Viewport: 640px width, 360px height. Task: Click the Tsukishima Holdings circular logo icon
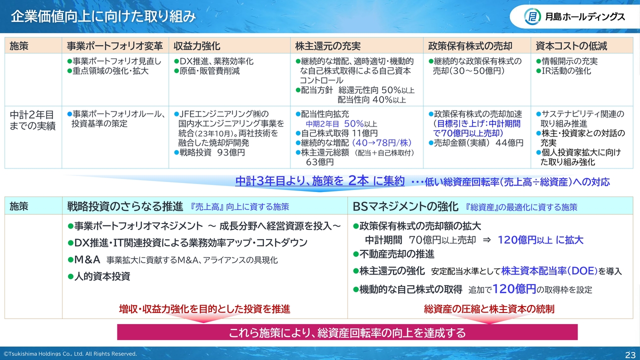(532, 16)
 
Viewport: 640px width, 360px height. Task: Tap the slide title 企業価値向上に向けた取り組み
(103, 16)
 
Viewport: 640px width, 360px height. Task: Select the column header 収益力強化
(197, 45)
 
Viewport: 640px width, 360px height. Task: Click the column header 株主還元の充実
(327, 45)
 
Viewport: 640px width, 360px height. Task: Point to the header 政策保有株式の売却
(470, 45)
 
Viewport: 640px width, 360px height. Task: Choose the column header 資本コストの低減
(571, 45)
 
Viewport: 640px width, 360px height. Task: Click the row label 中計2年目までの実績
(32, 120)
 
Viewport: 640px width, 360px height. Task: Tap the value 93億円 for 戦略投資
(231, 152)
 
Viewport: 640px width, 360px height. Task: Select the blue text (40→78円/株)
(381, 142)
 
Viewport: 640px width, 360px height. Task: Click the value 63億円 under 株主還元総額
(319, 162)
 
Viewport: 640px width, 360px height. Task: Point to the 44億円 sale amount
(509, 143)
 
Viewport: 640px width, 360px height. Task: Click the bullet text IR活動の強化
(566, 71)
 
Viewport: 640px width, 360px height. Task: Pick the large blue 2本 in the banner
(358, 181)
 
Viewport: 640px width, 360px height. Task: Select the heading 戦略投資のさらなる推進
(125, 206)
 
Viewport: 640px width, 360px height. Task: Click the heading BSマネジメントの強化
(405, 206)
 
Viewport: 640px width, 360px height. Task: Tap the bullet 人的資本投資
(102, 276)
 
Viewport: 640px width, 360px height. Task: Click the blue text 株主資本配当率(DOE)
(549, 271)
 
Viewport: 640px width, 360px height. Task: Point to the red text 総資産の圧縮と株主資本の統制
(489, 309)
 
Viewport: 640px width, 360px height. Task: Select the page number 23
(630, 354)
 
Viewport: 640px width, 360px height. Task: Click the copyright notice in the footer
(70, 353)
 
